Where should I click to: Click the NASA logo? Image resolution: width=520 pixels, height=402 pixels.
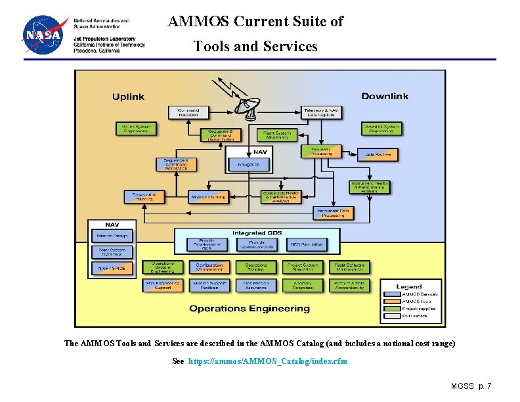click(x=44, y=34)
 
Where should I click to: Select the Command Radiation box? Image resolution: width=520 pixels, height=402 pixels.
click(x=188, y=113)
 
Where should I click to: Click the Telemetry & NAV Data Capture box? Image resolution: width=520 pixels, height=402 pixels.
click(x=320, y=113)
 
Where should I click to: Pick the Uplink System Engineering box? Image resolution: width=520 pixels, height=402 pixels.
click(x=137, y=129)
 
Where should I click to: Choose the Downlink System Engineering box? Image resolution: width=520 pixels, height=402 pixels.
click(x=381, y=129)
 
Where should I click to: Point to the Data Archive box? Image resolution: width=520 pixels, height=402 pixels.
click(x=378, y=155)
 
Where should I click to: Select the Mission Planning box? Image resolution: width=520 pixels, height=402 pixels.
click(x=208, y=197)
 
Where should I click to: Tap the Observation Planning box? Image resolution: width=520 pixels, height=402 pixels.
click(x=144, y=197)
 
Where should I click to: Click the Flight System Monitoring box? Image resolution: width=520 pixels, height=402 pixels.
click(x=276, y=135)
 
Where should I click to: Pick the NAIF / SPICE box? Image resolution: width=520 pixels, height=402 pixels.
click(x=112, y=268)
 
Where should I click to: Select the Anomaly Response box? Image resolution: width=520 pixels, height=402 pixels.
click(x=303, y=285)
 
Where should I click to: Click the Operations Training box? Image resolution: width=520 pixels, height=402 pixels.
click(x=256, y=267)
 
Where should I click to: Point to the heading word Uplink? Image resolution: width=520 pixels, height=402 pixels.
click(x=128, y=97)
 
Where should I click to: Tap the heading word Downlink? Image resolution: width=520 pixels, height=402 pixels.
click(x=384, y=97)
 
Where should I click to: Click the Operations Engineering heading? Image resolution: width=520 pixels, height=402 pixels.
click(x=249, y=308)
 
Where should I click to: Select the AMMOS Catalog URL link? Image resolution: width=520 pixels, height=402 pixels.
click(x=268, y=361)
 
